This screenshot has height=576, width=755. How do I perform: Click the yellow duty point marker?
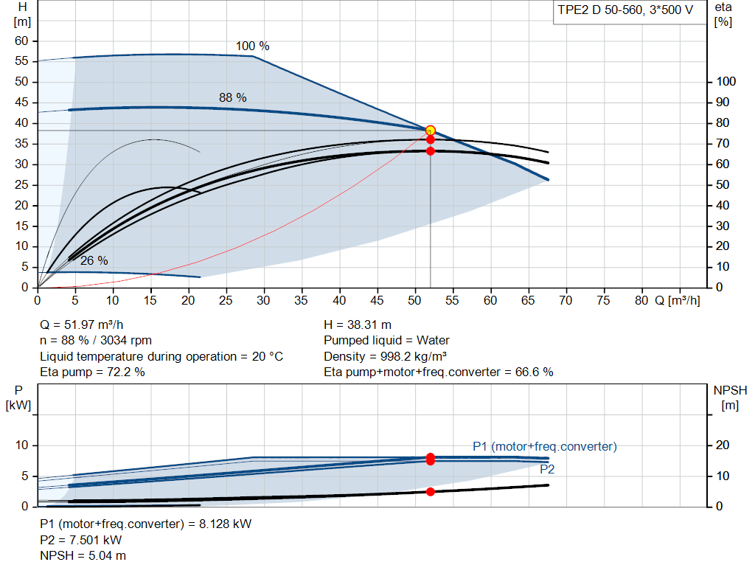(x=431, y=130)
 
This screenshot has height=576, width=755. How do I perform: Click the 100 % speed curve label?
(x=252, y=46)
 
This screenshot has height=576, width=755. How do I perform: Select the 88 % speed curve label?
(x=232, y=98)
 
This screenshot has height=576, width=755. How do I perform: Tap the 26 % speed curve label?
(x=94, y=260)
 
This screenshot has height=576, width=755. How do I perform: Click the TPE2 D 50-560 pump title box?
(x=625, y=10)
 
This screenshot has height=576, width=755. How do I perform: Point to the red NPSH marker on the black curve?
(x=431, y=492)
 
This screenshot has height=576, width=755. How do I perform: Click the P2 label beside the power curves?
(x=547, y=469)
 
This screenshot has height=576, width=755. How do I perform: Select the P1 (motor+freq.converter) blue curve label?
(x=545, y=446)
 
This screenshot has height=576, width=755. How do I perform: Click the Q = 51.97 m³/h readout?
(x=81, y=325)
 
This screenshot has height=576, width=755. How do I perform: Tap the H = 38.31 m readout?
(x=358, y=325)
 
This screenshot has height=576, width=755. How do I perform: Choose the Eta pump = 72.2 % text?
(x=92, y=372)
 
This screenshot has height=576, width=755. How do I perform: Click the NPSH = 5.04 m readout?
(x=83, y=556)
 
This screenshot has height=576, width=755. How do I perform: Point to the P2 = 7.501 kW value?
(x=81, y=541)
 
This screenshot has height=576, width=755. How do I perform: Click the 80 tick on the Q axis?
(x=641, y=300)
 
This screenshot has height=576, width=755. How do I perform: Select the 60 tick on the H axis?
(x=21, y=41)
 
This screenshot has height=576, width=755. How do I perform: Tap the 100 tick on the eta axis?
(x=726, y=81)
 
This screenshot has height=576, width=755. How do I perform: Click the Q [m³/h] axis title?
(x=678, y=300)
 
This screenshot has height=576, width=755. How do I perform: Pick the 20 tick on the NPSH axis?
(x=723, y=445)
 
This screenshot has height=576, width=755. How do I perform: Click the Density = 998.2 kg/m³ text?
(x=385, y=356)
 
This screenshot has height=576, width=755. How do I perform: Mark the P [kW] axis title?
(x=18, y=398)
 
